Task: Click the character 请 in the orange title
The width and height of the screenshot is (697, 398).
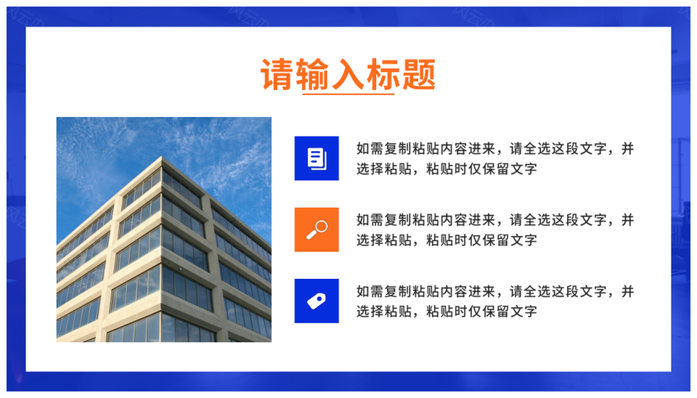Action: click(277, 74)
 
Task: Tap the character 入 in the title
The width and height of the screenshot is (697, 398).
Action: click(348, 74)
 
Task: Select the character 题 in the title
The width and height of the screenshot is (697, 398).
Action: click(419, 74)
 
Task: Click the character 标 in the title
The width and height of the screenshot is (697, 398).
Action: click(383, 74)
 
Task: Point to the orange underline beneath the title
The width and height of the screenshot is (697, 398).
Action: click(348, 94)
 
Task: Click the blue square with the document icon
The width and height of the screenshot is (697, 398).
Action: click(317, 158)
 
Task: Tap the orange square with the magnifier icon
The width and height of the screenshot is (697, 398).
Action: click(317, 230)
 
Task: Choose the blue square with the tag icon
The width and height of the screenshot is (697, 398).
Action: click(317, 301)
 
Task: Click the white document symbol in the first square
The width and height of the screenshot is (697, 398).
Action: click(317, 158)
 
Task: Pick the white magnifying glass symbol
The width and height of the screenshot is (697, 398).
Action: click(317, 230)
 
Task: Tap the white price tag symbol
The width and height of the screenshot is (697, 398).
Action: click(317, 301)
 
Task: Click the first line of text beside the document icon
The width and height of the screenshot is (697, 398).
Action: click(494, 149)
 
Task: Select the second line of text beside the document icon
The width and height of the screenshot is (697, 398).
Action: click(447, 169)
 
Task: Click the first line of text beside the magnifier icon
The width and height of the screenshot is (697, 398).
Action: click(494, 219)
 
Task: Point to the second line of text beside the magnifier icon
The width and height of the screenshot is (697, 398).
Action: click(447, 240)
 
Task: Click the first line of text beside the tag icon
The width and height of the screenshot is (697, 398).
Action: click(494, 291)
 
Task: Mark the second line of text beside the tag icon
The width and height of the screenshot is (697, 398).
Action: click(447, 312)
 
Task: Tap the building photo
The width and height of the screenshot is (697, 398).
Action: click(164, 230)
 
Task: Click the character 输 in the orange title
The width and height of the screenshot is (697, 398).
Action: click(313, 74)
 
